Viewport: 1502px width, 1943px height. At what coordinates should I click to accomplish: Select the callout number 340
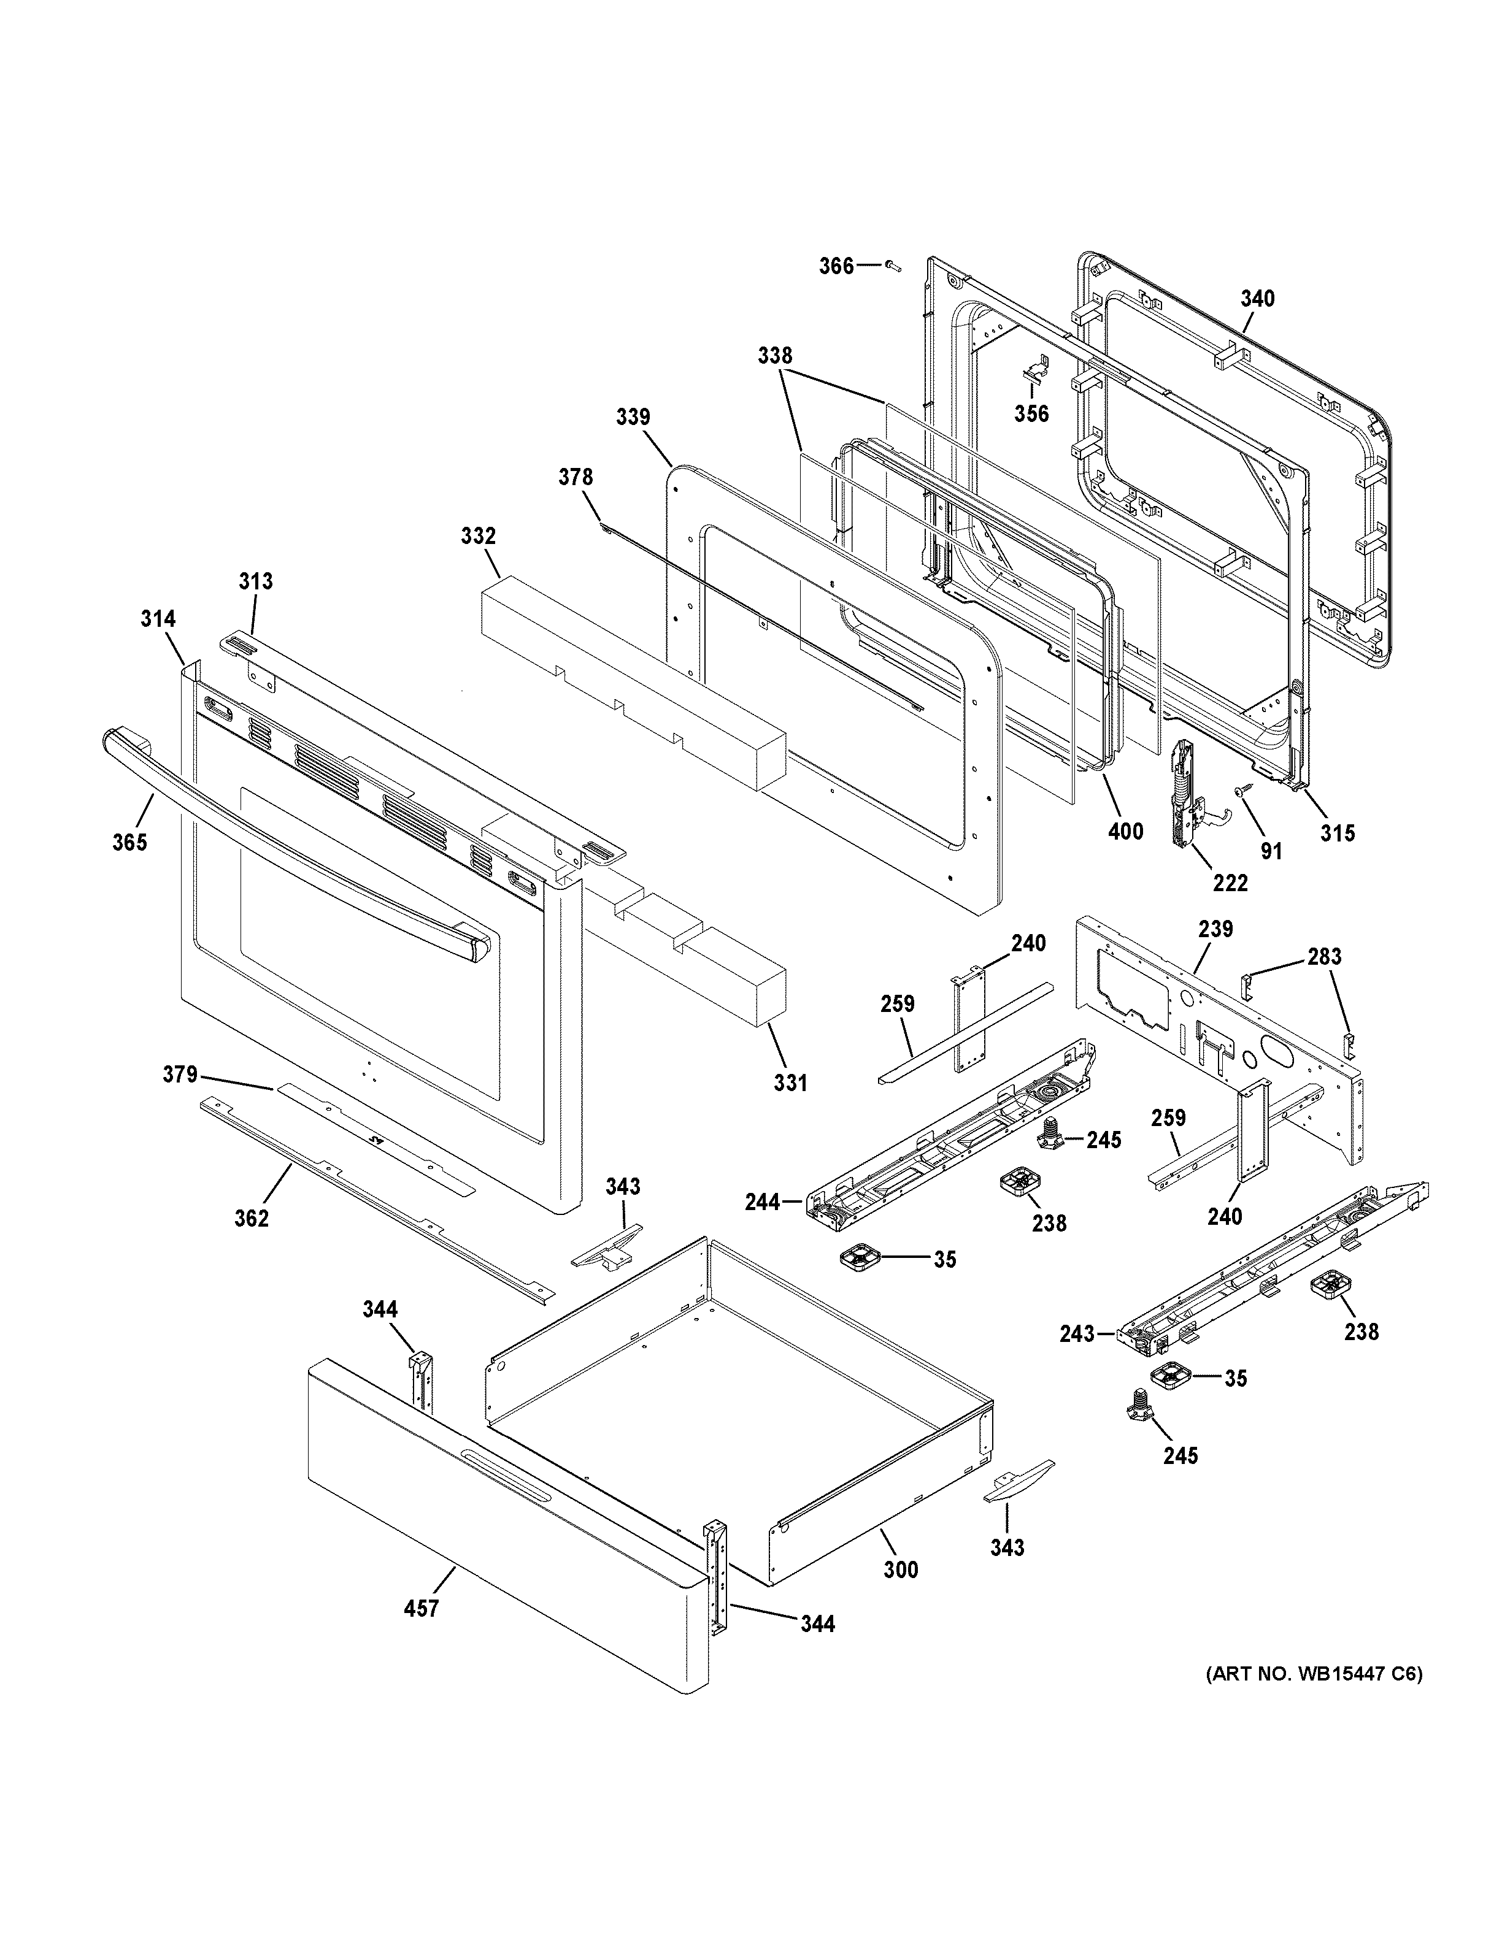(1257, 299)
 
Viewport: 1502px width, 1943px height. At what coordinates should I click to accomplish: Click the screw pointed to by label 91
(1239, 790)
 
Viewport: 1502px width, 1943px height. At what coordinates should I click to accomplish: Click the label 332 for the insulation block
(478, 537)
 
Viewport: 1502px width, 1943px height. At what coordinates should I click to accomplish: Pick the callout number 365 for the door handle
(130, 841)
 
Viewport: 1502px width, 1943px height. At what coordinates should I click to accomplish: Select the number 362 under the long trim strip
(251, 1218)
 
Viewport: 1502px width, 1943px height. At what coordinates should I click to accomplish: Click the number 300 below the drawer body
(901, 1570)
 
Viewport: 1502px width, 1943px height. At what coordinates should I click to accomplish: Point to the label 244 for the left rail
(763, 1203)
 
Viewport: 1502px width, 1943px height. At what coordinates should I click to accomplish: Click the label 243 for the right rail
(1077, 1359)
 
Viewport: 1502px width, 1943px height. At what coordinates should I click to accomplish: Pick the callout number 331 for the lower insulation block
(790, 1083)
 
